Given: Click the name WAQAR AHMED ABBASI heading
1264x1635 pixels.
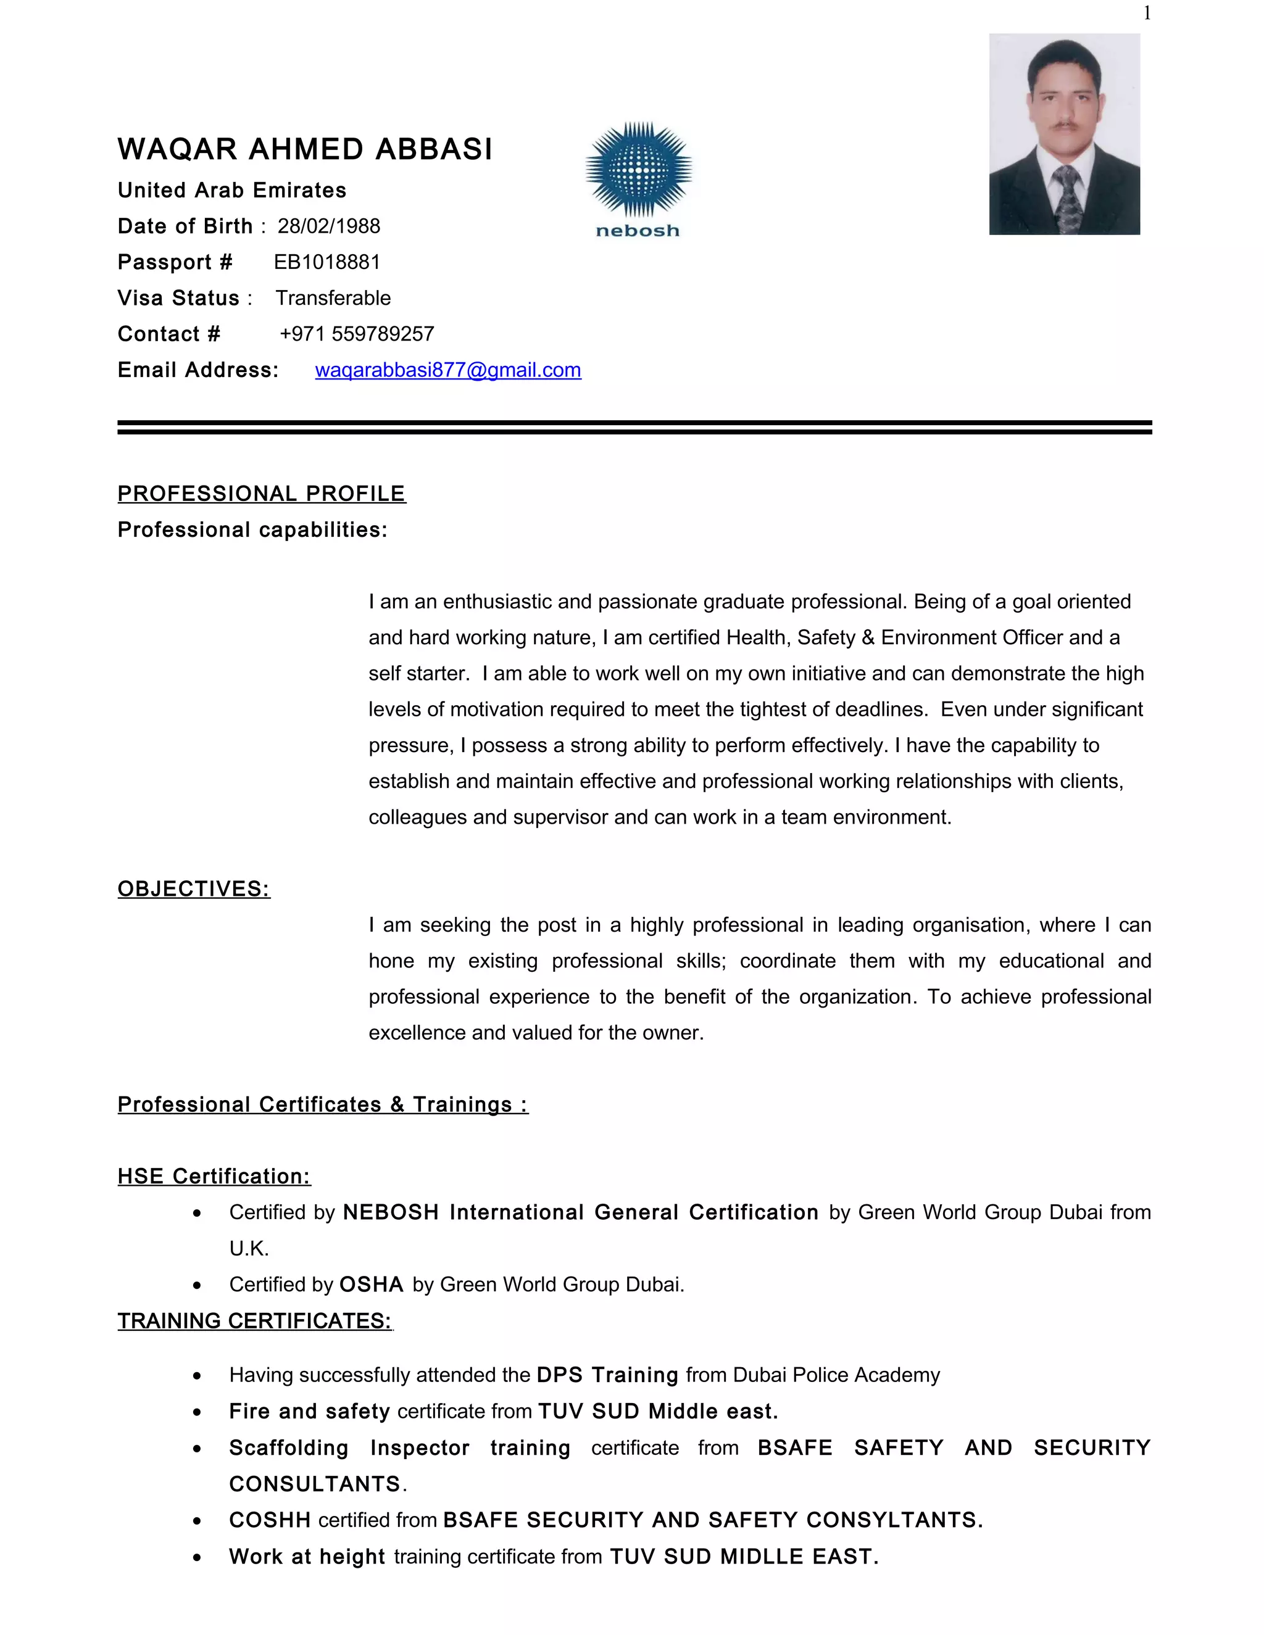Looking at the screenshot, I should coord(305,149).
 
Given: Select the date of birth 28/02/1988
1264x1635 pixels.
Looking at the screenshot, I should coord(329,226).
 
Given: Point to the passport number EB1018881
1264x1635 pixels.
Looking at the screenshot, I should coord(327,262).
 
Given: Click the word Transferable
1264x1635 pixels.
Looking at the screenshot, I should coord(333,298).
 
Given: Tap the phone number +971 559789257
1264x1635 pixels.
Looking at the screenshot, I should coord(357,334).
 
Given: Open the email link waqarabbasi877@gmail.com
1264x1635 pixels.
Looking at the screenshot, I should coord(448,370).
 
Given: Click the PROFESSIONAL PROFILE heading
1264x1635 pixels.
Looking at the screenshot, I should coord(261,494).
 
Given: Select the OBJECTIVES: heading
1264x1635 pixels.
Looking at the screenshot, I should coord(193,888).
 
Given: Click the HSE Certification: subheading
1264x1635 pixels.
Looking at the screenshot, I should coord(214,1176).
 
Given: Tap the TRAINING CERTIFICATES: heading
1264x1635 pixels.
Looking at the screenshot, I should coord(255,1320).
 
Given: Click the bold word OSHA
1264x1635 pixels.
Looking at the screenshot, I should coord(372,1285).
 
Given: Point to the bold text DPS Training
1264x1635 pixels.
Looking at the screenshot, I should coord(607,1375).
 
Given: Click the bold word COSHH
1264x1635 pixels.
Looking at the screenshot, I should coord(270,1520).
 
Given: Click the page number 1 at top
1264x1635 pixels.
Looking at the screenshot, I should coord(1147,13).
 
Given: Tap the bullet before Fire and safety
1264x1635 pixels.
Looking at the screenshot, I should coord(197,1412).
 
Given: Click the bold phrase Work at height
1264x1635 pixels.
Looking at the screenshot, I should coord(307,1557).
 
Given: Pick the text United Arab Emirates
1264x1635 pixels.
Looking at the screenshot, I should coord(232,190).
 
